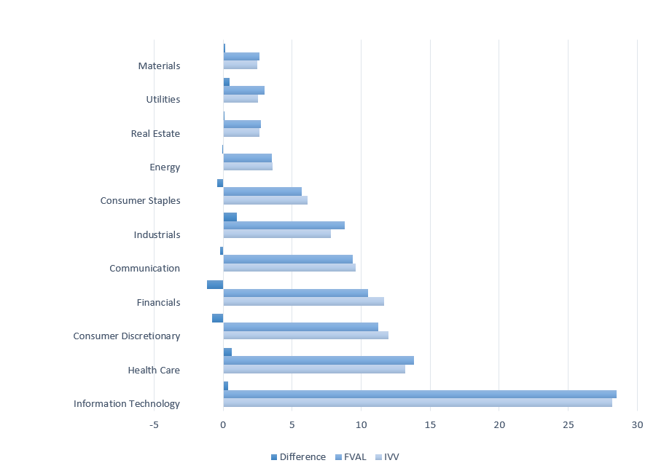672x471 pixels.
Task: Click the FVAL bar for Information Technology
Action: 420,395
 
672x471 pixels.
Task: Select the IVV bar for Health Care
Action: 314,369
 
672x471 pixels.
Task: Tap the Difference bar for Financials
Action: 215,285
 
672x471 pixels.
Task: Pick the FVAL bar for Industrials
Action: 284,226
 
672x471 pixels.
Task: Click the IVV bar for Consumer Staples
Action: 265,200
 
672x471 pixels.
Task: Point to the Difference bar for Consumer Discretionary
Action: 218,318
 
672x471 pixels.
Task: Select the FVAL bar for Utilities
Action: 243,90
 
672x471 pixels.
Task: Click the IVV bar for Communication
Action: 289,268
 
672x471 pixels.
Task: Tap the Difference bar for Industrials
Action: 230,217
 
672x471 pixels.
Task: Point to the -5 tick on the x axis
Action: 155,425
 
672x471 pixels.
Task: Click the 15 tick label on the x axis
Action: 430,425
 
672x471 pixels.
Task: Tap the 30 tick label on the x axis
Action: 637,425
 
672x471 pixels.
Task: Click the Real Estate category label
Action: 155,133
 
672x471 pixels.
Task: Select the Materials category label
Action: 159,66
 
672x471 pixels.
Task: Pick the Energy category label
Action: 165,167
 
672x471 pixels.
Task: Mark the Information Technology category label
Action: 127,404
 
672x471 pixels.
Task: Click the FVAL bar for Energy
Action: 247,158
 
